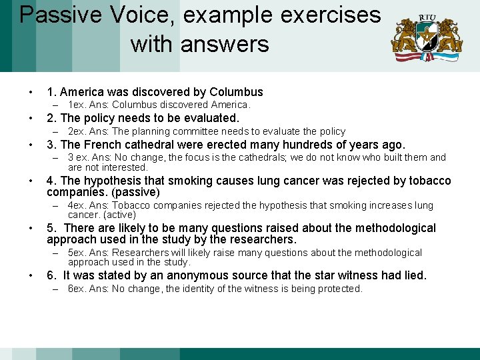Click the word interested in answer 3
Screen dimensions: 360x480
pos(125,167)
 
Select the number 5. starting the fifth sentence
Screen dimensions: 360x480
pos(51,228)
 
